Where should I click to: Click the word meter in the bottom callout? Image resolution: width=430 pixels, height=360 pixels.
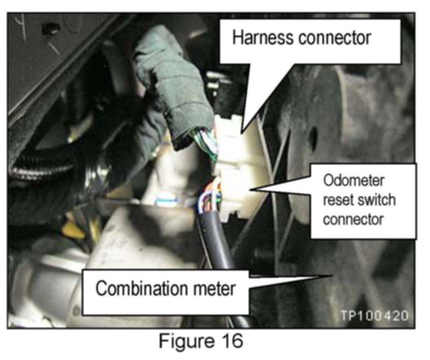pyautogui.click(x=215, y=290)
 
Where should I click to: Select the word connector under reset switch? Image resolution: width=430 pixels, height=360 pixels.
pyautogui.click(x=353, y=219)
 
